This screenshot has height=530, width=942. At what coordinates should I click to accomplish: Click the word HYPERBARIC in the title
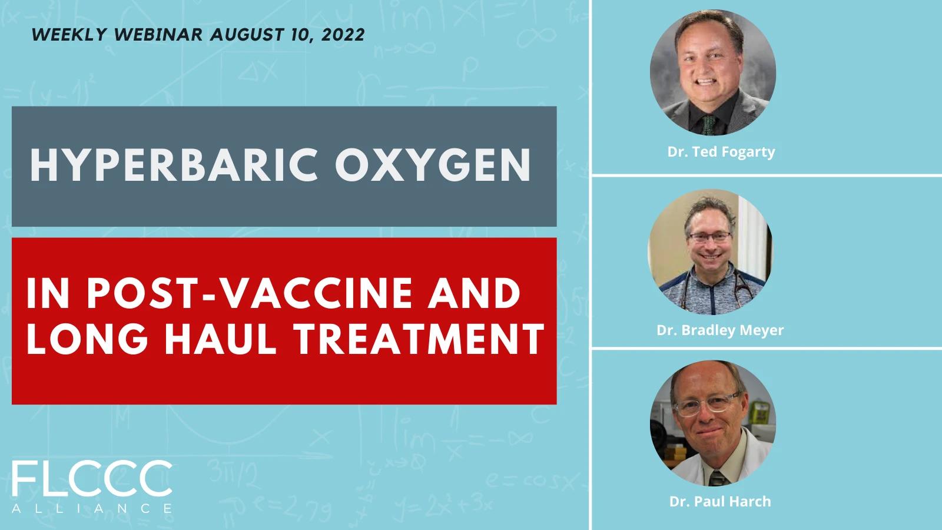[x=173, y=165]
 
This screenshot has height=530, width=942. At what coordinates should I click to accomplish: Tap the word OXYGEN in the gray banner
[x=433, y=165]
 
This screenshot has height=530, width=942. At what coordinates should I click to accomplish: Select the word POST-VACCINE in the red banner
[x=250, y=293]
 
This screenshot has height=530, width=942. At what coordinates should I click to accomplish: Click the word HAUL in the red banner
[x=220, y=339]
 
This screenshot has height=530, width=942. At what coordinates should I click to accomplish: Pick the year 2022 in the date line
[x=343, y=35]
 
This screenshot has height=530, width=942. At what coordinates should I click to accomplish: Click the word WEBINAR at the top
[x=158, y=35]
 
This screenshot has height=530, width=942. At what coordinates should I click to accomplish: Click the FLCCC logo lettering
[x=92, y=479]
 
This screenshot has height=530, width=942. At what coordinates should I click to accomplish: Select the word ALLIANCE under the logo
[x=92, y=509]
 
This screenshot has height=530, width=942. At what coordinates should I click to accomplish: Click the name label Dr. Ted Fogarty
[x=721, y=152]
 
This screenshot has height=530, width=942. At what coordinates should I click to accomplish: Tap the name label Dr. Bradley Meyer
[x=720, y=330]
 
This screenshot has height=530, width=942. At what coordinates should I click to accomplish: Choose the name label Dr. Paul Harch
[x=720, y=501]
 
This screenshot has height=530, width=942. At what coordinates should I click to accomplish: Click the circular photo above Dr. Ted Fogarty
[x=713, y=72]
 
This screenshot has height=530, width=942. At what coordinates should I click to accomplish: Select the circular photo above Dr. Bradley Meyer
[x=710, y=252]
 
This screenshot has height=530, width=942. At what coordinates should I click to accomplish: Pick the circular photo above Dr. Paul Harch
[x=713, y=423]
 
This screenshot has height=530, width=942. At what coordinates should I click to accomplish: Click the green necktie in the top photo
[x=709, y=125]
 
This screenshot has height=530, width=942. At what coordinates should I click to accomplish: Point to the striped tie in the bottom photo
[x=717, y=478]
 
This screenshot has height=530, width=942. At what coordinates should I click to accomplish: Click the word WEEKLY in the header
[x=69, y=35]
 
